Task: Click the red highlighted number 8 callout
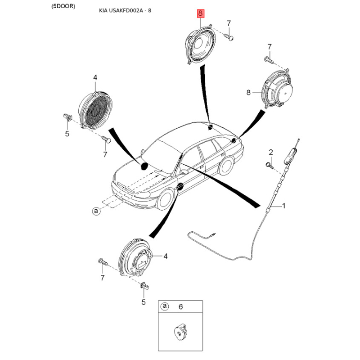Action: pyautogui.click(x=200, y=13)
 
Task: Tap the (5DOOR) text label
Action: pyautogui.click(x=63, y=6)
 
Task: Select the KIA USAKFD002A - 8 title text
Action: pyautogui.click(x=125, y=10)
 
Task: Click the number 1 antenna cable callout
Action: pyautogui.click(x=283, y=206)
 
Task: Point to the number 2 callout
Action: pyautogui.click(x=271, y=152)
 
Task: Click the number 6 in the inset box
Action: pyautogui.click(x=181, y=307)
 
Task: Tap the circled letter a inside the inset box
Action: pyautogui.click(x=165, y=306)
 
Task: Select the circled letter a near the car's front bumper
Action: pyautogui.click(x=96, y=211)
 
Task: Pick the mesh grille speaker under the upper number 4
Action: pyautogui.click(x=95, y=110)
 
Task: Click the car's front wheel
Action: pyautogui.click(x=165, y=198)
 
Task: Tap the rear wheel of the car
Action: pyautogui.click(x=226, y=166)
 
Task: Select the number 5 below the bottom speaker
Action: pyautogui.click(x=144, y=302)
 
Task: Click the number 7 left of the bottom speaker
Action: pyautogui.click(x=103, y=278)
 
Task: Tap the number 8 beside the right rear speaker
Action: pyautogui.click(x=248, y=93)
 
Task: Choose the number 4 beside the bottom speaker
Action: pyautogui.click(x=166, y=256)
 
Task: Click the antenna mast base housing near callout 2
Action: pyautogui.click(x=290, y=156)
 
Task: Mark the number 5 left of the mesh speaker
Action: pyautogui.click(x=67, y=134)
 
